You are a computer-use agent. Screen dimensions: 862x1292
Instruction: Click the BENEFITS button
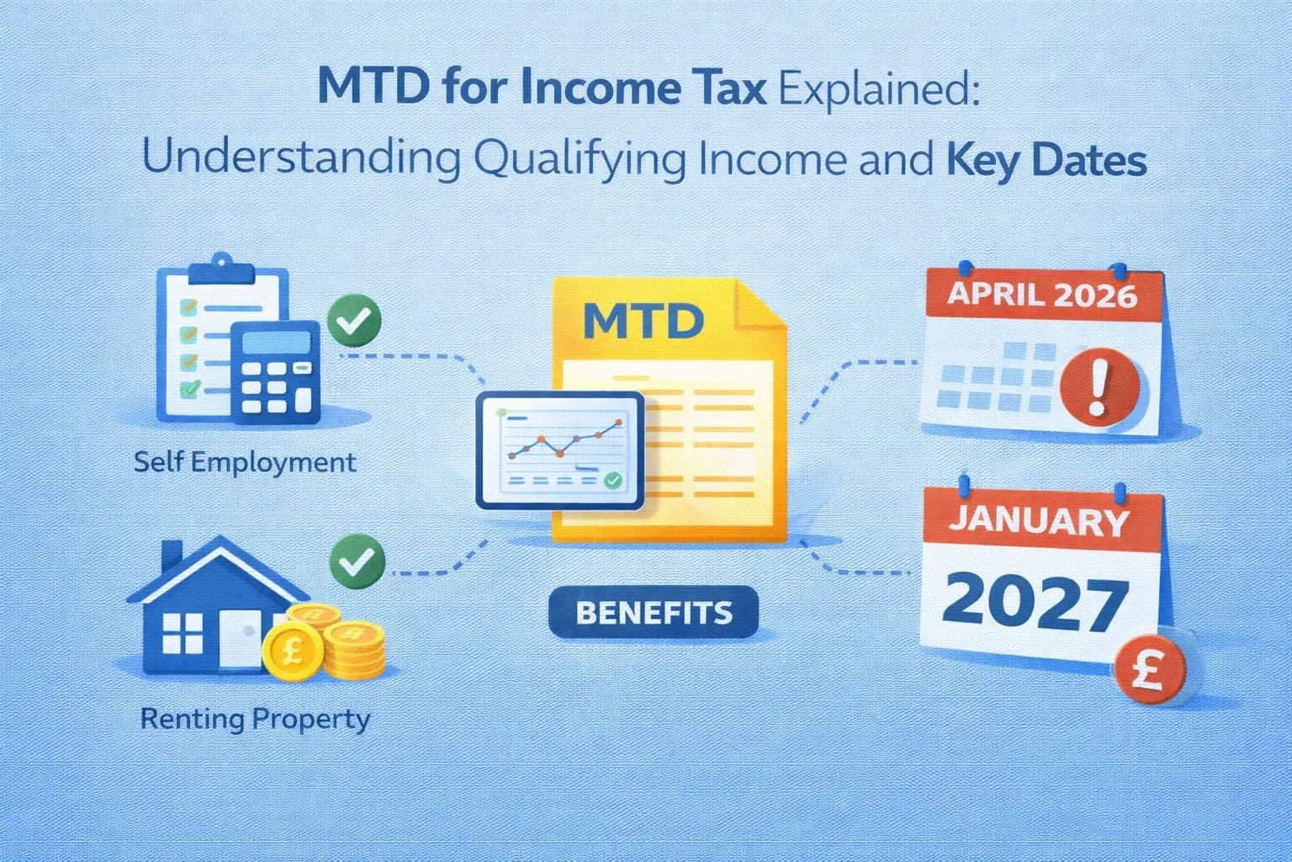(x=654, y=612)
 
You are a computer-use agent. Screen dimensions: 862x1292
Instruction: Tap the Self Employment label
(x=245, y=462)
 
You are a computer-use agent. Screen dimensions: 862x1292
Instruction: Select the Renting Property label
(x=255, y=719)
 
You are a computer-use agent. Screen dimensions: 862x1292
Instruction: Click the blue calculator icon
(x=275, y=374)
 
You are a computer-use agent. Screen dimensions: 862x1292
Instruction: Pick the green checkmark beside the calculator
(x=354, y=321)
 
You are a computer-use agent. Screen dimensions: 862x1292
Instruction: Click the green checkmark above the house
(x=357, y=561)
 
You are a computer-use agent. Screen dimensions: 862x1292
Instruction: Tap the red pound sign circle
(x=1148, y=671)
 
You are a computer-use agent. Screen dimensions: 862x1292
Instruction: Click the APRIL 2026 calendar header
(x=1042, y=295)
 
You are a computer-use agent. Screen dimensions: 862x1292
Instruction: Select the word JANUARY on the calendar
(x=1039, y=521)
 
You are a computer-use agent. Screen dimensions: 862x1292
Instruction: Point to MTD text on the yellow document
(x=643, y=320)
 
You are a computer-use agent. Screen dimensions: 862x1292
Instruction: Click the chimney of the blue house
(x=172, y=556)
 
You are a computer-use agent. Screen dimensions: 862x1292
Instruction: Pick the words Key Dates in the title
(x=1046, y=159)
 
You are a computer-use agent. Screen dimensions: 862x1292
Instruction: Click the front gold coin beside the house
(x=289, y=651)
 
